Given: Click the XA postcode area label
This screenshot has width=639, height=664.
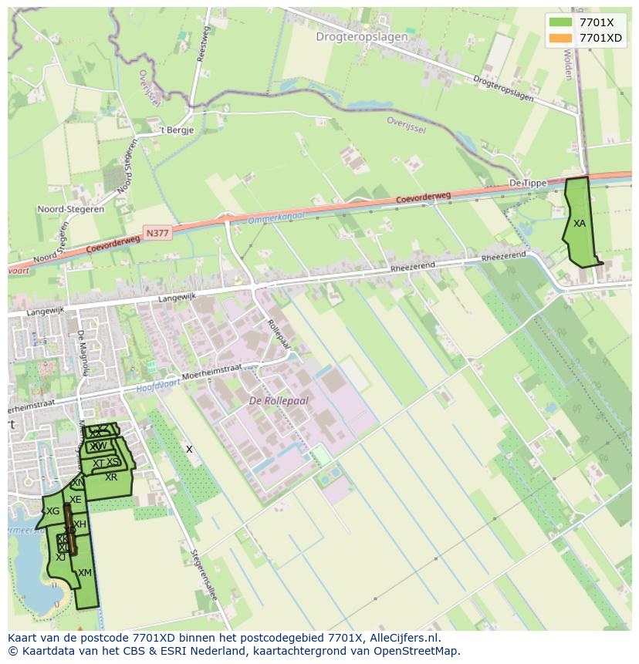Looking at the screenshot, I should (579, 224).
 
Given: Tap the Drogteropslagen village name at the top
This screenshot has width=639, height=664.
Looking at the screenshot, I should (361, 36).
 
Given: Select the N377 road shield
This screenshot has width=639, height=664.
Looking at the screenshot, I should (157, 231).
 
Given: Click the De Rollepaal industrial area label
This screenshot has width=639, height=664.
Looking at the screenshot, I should (279, 401).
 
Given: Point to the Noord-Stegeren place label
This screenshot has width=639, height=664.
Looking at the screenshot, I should (70, 209).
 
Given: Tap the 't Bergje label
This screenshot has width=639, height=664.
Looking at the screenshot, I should (176, 130).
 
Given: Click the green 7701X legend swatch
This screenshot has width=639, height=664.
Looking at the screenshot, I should (561, 22).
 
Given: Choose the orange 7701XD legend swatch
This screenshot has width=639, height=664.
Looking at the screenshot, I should (561, 38).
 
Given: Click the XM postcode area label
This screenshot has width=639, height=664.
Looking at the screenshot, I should (85, 573).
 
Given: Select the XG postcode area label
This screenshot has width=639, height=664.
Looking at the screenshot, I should (52, 511).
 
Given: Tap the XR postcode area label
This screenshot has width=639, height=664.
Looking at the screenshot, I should (111, 477).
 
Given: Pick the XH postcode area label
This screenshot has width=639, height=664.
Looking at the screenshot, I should (79, 524).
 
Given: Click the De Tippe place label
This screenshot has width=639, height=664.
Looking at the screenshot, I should (528, 183).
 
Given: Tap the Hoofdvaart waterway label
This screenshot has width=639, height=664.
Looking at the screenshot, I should (157, 386).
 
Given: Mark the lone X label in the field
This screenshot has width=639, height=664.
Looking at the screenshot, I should (189, 449).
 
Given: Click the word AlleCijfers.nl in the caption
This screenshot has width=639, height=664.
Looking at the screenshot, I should (404, 638).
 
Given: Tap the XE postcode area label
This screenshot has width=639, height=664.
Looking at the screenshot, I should (75, 500).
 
